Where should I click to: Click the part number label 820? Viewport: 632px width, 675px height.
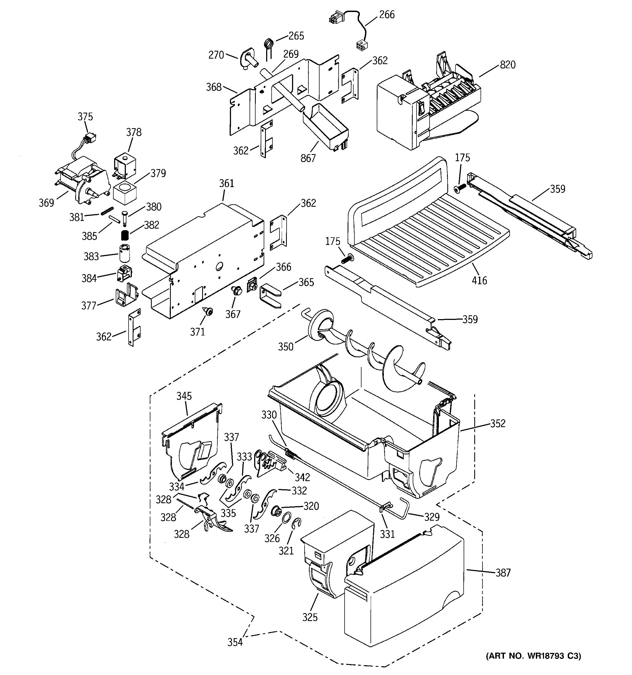pyautogui.click(x=508, y=65)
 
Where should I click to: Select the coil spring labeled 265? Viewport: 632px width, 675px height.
pyautogui.click(x=269, y=44)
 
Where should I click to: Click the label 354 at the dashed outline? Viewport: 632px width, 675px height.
pyautogui.click(x=235, y=642)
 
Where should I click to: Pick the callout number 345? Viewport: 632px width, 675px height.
pyautogui.click(x=184, y=396)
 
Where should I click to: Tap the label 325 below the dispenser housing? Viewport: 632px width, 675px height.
pyautogui.click(x=310, y=617)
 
